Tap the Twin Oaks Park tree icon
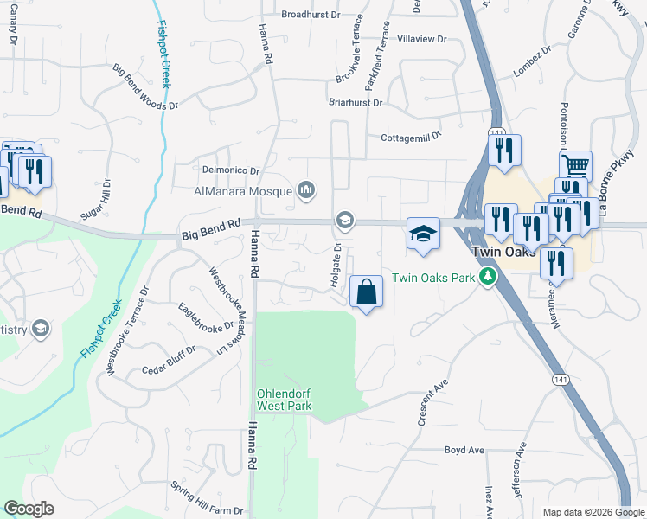point(489,277)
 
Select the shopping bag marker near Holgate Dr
point(367,292)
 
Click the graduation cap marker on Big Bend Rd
point(424,234)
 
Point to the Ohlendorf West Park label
point(284,398)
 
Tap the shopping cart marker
point(577,165)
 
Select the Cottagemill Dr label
point(411,137)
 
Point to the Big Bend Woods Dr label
point(144,86)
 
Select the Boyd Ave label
point(464,450)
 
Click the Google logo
point(29,509)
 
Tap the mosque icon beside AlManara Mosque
point(305,189)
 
